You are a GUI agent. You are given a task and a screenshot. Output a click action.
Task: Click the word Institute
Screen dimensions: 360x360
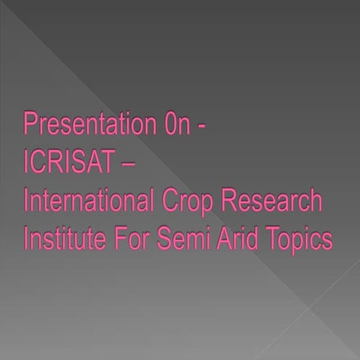click(62, 240)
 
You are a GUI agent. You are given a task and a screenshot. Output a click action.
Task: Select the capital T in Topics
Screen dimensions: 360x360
click(274, 240)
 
